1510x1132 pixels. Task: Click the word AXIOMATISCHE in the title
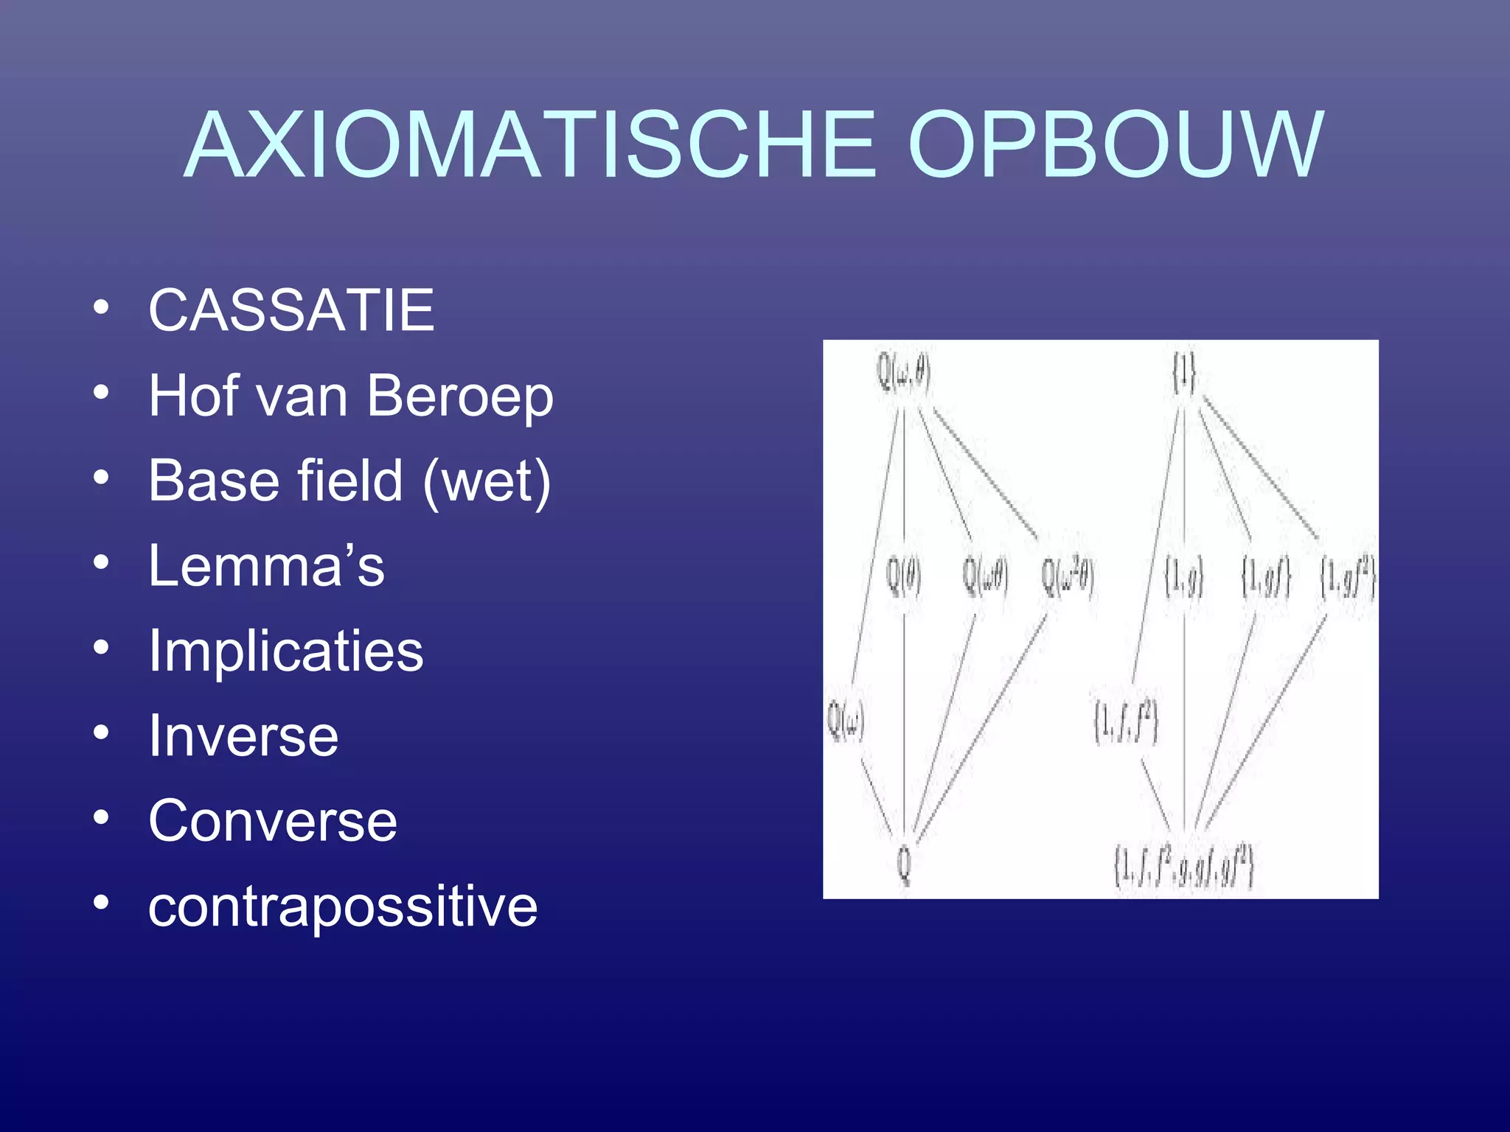(531, 145)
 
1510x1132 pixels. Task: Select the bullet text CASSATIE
(291, 310)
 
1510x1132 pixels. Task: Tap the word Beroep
(459, 396)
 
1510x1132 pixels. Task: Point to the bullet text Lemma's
(266, 566)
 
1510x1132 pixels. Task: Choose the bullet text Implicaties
(286, 651)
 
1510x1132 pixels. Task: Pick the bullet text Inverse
(243, 736)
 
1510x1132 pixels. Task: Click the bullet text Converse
(273, 821)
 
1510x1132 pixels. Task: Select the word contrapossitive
(343, 906)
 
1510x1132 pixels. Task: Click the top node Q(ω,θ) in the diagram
(903, 372)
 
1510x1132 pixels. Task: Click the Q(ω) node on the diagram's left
(845, 720)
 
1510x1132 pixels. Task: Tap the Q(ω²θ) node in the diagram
(1067, 576)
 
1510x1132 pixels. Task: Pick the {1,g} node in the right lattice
(1184, 578)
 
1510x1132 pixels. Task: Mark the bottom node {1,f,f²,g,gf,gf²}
(1184, 867)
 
